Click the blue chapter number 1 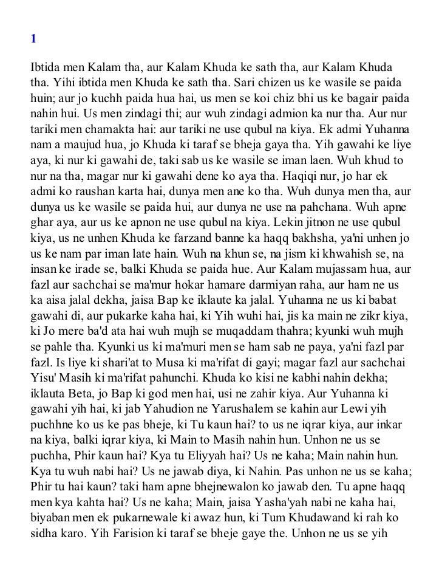tap(33, 39)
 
